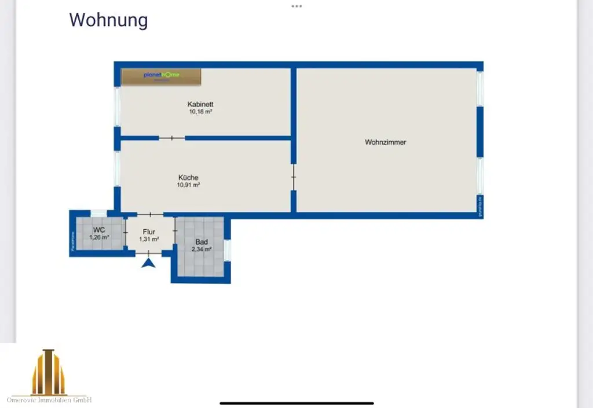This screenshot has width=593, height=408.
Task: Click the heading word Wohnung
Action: coord(108,20)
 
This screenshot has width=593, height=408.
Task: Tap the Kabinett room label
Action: coord(200,104)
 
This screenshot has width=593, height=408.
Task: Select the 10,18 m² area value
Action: coord(200,112)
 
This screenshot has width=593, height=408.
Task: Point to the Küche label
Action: coord(188,178)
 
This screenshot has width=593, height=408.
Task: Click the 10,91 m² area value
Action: coord(188,185)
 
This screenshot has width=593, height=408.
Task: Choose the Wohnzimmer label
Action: coord(385,142)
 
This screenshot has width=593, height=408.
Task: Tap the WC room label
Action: coord(99,230)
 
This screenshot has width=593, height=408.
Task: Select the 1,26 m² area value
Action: coord(99,237)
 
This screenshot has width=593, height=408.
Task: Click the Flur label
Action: coord(149,232)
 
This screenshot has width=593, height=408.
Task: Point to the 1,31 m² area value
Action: coord(149,239)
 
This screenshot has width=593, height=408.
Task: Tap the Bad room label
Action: coord(202,242)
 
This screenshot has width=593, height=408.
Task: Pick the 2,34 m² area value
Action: coord(202,249)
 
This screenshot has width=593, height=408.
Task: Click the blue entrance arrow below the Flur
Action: coord(149,264)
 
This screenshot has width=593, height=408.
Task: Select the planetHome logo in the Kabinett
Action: coord(161,76)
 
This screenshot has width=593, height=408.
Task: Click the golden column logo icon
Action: coord(49,372)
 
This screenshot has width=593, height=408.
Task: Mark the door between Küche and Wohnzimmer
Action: coord(294,177)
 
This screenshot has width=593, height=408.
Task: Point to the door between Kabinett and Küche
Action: coord(172,138)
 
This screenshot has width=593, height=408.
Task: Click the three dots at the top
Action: coord(296,6)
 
